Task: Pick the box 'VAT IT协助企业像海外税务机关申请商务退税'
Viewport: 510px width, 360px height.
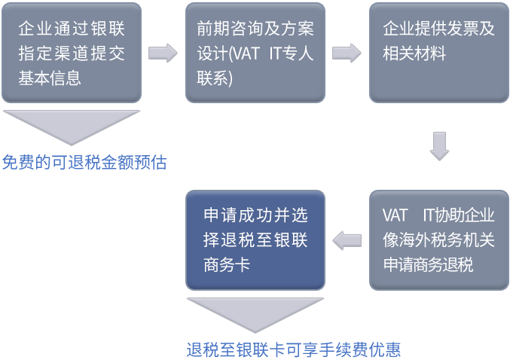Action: (438, 239)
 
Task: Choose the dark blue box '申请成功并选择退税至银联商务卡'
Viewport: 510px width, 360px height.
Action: (255, 239)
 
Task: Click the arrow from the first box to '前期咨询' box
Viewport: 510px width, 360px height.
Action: (163, 53)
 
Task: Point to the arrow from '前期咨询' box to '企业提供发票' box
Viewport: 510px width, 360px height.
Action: (347, 53)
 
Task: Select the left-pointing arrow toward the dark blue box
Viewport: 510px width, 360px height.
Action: (347, 240)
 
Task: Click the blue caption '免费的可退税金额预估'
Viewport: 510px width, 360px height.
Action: (84, 163)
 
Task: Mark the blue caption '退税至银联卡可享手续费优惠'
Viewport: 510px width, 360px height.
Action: (294, 349)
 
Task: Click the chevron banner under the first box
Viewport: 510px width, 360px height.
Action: (72, 127)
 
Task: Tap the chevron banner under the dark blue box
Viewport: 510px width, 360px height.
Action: (255, 316)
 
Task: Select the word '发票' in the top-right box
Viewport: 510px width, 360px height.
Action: (460, 29)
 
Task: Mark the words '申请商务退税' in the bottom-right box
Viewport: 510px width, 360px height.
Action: (428, 265)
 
